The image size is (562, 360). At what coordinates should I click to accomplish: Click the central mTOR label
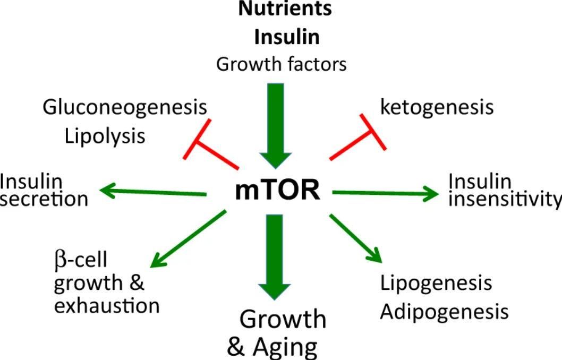point(278,190)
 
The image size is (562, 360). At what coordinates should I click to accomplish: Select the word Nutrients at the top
point(285,9)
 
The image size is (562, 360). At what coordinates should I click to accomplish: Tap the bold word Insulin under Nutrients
point(287,37)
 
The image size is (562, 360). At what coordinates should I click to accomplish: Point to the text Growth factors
point(282,64)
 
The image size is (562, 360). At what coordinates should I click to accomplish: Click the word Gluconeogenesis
point(125,108)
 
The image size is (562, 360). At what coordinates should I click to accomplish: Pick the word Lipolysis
point(105,136)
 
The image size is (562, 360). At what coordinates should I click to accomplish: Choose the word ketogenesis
point(437,107)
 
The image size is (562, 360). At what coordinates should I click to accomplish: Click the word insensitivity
point(505,199)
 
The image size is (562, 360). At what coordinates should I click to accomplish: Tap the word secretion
point(44,199)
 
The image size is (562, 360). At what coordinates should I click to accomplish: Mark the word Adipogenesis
point(444,311)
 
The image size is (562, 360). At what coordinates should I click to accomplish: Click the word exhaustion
point(107,306)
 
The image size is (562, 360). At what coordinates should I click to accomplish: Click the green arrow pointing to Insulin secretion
point(154,192)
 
